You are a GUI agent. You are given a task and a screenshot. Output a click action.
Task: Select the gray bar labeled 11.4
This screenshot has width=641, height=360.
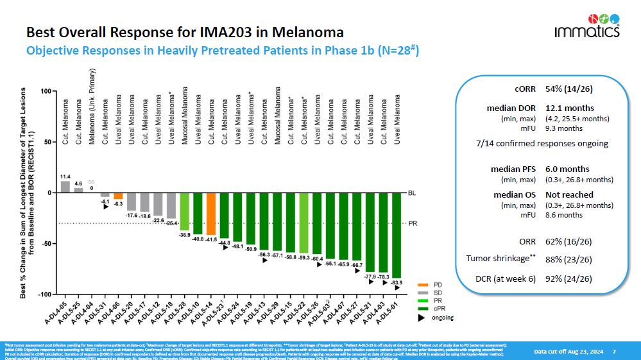(x=65, y=186)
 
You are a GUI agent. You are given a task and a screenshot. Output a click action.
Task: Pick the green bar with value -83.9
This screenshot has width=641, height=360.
(x=397, y=235)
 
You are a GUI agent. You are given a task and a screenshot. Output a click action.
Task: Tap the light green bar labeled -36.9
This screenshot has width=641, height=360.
(x=184, y=211)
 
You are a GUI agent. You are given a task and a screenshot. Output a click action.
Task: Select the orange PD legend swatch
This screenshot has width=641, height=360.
(x=422, y=284)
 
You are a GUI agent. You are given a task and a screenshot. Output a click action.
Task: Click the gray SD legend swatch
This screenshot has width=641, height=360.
(x=422, y=292)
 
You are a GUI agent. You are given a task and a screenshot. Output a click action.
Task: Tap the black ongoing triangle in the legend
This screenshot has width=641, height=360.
(x=422, y=316)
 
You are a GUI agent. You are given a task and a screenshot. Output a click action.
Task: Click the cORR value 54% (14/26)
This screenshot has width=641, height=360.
(x=568, y=88)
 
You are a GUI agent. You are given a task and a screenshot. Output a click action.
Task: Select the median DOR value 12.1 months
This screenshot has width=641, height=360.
(x=570, y=108)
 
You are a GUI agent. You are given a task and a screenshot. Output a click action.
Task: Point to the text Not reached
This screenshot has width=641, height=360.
(x=569, y=194)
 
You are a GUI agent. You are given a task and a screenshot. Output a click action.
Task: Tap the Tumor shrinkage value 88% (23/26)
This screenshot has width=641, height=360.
(x=568, y=259)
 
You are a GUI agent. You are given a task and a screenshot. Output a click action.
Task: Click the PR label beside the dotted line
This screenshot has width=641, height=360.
(x=413, y=223)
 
